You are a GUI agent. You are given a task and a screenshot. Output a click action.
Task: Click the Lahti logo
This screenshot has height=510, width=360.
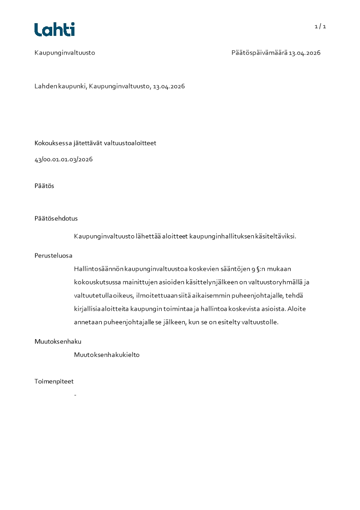(54, 30)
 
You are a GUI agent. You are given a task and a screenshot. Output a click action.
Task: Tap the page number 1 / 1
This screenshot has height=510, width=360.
(321, 26)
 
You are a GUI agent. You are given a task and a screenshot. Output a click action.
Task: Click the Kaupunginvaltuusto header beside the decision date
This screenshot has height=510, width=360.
(64, 53)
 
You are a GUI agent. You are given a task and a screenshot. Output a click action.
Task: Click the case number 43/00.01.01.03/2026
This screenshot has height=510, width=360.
(64, 159)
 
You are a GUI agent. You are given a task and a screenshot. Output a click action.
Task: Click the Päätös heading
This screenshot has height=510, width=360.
(44, 186)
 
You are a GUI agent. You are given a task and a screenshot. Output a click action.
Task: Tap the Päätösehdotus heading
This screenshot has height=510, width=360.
(56, 218)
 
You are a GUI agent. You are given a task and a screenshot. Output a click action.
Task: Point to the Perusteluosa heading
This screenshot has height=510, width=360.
(53, 255)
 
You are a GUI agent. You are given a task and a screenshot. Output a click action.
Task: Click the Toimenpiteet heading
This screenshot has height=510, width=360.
(54, 381)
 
